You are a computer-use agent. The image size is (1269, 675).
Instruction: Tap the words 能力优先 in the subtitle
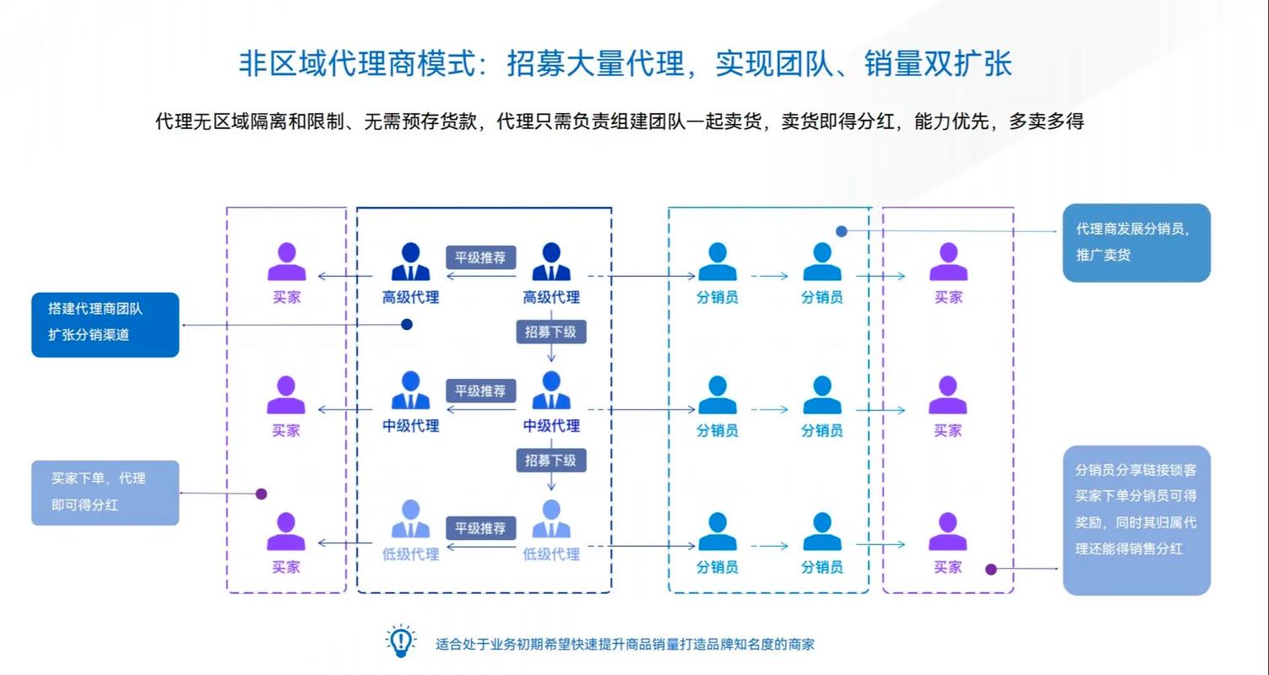(x=954, y=121)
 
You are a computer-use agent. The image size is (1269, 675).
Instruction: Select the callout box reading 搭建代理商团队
(x=106, y=324)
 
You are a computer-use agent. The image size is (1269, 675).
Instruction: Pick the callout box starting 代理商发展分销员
(x=1136, y=242)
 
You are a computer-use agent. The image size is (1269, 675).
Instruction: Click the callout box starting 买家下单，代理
(x=106, y=493)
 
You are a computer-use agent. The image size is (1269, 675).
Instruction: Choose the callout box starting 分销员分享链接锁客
(x=1136, y=520)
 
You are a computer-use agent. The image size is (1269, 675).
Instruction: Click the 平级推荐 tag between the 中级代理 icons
(x=480, y=391)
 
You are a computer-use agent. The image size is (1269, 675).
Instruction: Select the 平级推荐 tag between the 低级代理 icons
(x=480, y=529)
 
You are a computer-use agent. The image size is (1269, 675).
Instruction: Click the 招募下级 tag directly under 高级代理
(x=550, y=332)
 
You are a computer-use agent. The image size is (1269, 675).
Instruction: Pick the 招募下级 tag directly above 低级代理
(x=550, y=461)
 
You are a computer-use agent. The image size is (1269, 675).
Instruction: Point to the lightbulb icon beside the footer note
(x=400, y=642)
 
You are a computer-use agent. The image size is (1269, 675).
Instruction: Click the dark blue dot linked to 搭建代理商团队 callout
(x=406, y=324)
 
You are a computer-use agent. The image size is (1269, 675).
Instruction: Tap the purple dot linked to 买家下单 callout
(x=261, y=494)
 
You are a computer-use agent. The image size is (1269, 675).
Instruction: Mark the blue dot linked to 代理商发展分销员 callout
(x=841, y=231)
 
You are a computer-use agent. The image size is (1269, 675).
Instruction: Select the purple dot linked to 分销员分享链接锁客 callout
(x=991, y=570)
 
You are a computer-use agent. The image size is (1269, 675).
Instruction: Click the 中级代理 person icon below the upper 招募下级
(x=551, y=391)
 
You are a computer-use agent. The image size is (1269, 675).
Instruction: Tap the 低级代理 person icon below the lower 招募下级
(x=551, y=519)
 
